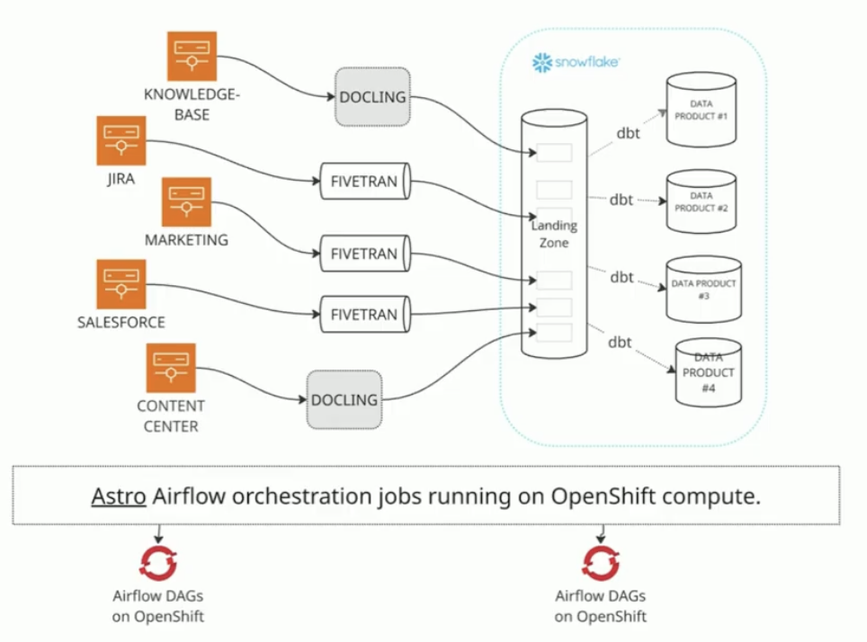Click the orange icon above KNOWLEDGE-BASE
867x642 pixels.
tap(192, 56)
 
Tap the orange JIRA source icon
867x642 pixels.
tap(121, 140)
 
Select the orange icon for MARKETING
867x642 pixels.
tap(186, 201)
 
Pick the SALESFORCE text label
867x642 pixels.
tap(121, 322)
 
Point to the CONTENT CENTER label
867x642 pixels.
tap(171, 416)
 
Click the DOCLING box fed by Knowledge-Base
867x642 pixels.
tap(372, 96)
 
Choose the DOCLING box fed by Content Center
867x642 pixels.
tap(344, 399)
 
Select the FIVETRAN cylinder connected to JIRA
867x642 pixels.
tap(364, 182)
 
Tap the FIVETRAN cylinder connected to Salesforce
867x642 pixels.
tap(364, 315)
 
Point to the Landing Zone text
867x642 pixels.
tap(554, 234)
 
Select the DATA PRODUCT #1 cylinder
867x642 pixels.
tap(702, 110)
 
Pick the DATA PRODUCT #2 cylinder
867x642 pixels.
tap(702, 201)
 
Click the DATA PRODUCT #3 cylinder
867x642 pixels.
tap(703, 289)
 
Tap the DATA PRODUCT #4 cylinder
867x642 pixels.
tap(708, 372)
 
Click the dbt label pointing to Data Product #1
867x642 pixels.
tap(628, 133)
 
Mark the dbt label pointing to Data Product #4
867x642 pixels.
tap(619, 342)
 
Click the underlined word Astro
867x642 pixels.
tap(118, 495)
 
